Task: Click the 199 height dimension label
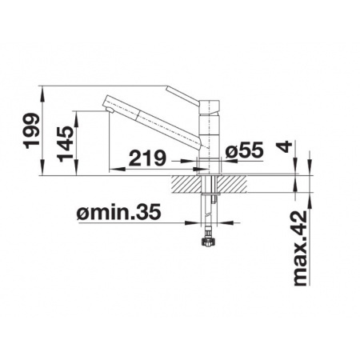31,131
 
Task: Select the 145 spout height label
65,144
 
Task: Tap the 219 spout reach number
147,158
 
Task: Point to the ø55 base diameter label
244,150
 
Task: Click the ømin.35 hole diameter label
118,213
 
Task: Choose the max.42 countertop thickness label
301,248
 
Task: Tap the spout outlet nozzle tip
110,110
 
